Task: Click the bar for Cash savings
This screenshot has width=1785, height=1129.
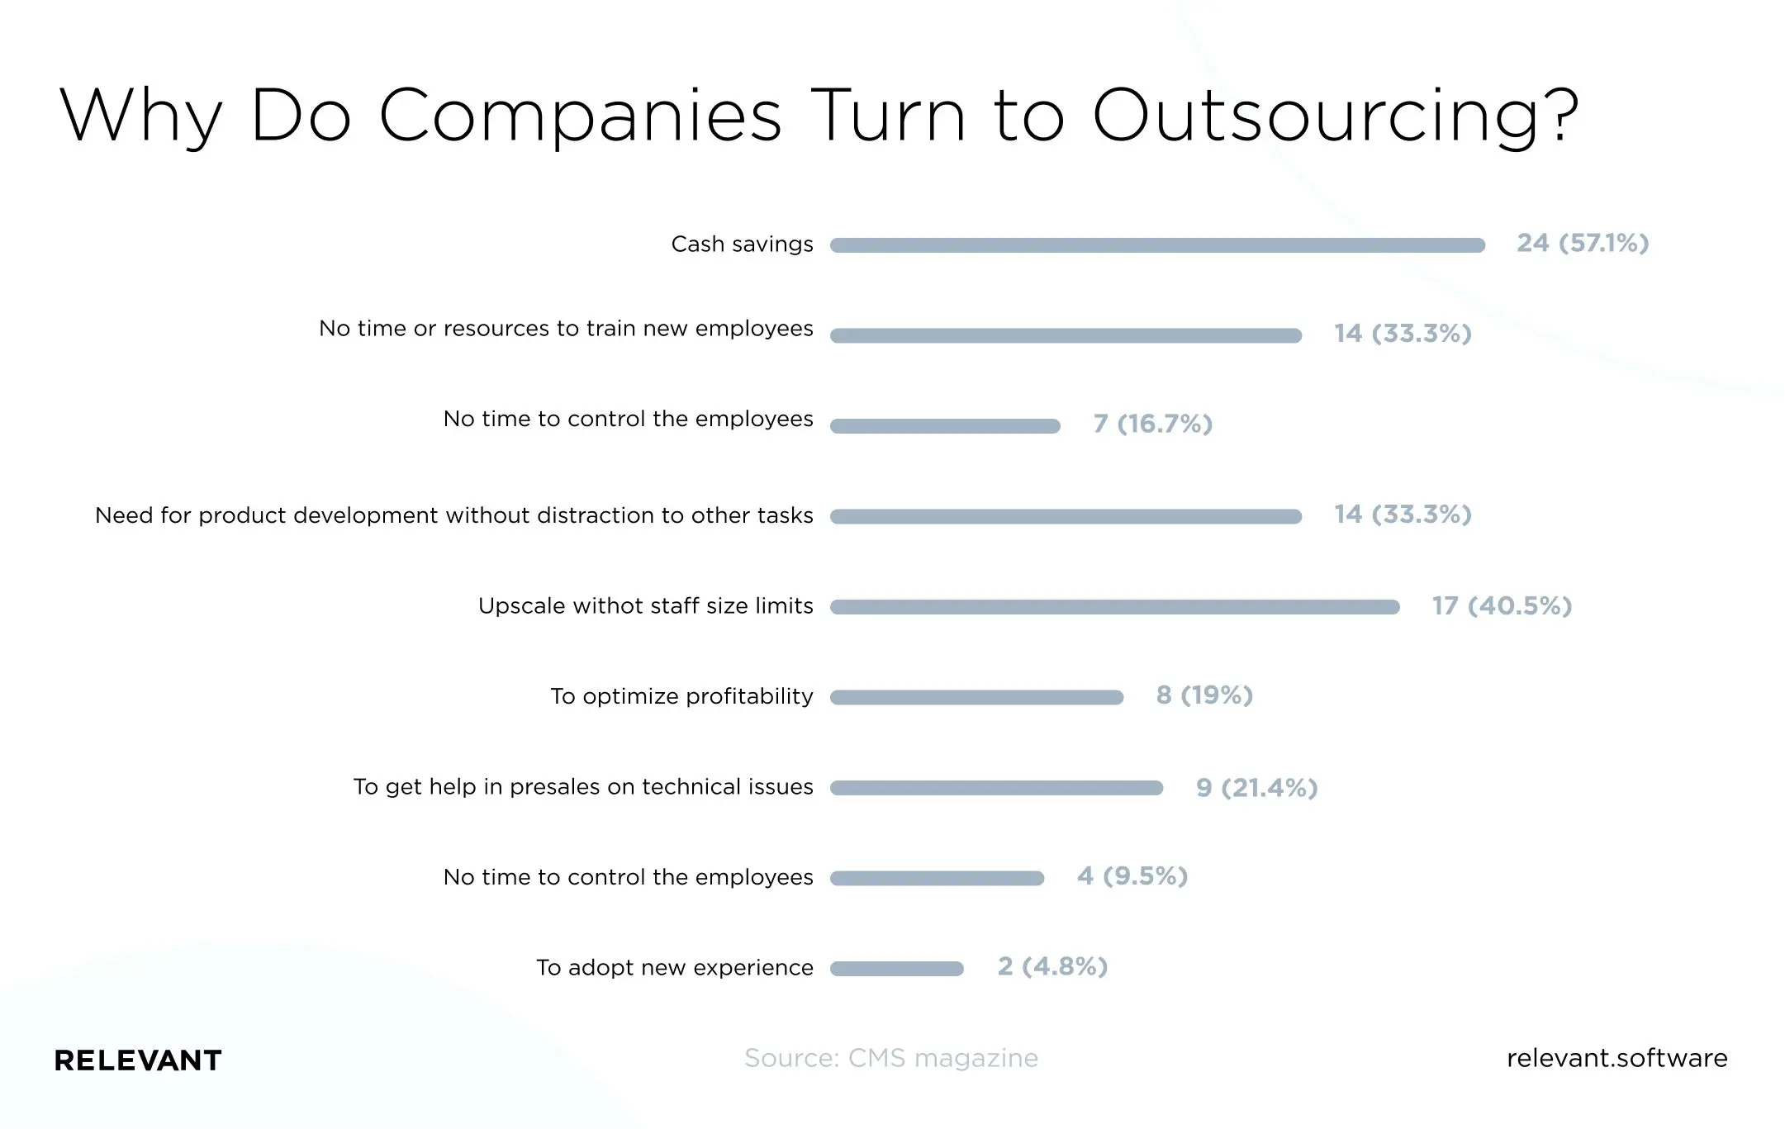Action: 1156,245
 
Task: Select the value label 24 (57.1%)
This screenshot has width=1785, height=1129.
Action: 1582,243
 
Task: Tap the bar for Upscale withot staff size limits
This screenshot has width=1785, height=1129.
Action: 1114,607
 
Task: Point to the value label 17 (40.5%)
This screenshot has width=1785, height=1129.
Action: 1501,605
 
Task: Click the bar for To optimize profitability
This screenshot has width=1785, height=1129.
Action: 976,697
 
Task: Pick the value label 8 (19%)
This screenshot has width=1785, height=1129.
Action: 1203,695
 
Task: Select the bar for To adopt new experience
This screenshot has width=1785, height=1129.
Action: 896,969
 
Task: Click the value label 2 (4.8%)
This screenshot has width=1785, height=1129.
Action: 1052,966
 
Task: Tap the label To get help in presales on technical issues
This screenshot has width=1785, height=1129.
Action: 583,787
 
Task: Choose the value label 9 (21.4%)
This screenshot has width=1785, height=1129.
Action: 1256,787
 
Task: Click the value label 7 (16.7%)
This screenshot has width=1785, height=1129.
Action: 1152,424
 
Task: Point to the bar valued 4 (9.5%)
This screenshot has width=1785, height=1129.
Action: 937,878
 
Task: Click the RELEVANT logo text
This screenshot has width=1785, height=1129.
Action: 138,1060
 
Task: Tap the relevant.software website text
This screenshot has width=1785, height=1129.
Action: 1616,1058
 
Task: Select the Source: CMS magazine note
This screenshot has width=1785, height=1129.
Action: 890,1058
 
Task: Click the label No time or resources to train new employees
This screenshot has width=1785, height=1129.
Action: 566,329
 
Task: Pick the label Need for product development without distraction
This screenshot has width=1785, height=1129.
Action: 453,515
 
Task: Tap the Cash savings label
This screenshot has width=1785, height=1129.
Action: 742,244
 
